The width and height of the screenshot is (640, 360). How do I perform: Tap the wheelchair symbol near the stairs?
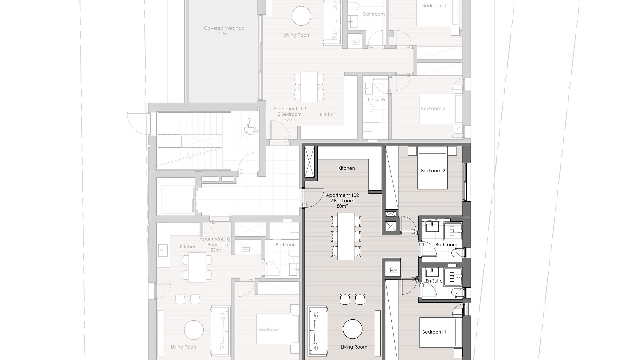tap(252, 126)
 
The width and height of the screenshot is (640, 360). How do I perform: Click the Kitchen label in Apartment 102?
tap(347, 168)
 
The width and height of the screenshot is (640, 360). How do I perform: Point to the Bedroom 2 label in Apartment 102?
tap(433, 171)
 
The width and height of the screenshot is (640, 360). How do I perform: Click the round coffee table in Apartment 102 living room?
tap(353, 329)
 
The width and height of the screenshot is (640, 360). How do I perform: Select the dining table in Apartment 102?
tap(346, 236)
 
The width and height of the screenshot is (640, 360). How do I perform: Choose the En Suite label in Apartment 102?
tap(434, 281)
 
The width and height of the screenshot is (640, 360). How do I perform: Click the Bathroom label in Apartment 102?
tap(446, 245)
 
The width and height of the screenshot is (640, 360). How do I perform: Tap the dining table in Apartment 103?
tap(309, 87)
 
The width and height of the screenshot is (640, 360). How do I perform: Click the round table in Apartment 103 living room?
tap(301, 16)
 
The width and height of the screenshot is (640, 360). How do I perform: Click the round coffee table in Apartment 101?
tap(194, 330)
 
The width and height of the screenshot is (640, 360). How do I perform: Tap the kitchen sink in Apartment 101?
tap(163, 249)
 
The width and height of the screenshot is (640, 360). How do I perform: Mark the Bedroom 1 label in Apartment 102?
tap(434, 332)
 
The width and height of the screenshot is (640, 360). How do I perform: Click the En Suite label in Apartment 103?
tap(376, 99)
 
